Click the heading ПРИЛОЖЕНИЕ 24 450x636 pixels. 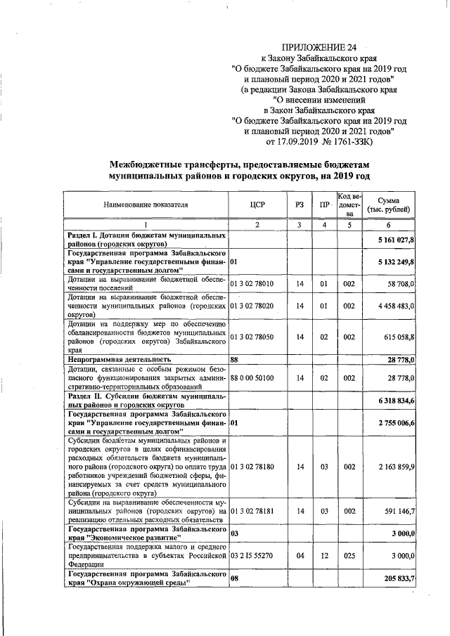tap(319, 46)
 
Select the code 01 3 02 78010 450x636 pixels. tap(256, 284)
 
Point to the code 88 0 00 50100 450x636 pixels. tap(256, 378)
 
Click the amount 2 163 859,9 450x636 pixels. tap(394, 466)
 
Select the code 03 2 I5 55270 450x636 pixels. tap(256, 555)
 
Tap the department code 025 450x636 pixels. tap(349, 555)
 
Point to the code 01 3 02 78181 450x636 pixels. tap(256, 510)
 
